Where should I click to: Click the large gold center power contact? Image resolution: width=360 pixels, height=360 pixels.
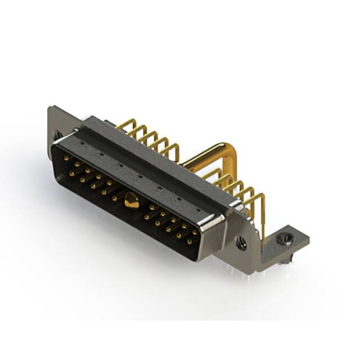click(132, 200)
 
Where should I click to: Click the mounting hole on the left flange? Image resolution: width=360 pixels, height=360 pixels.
click(58, 136)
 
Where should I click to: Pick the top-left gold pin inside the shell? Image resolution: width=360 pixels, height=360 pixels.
click(66, 159)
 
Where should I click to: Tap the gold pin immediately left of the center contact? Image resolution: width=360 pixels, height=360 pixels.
click(115, 199)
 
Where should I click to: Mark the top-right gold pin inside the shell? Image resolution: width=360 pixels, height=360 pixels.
click(195, 231)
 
